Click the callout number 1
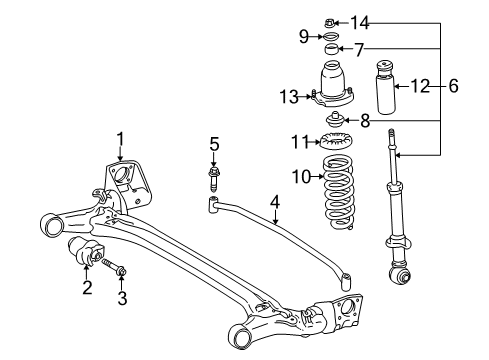coord(120,139)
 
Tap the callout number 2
coord(86,289)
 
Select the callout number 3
coord(121,297)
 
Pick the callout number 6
coord(453,86)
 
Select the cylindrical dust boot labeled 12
coord(390,91)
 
